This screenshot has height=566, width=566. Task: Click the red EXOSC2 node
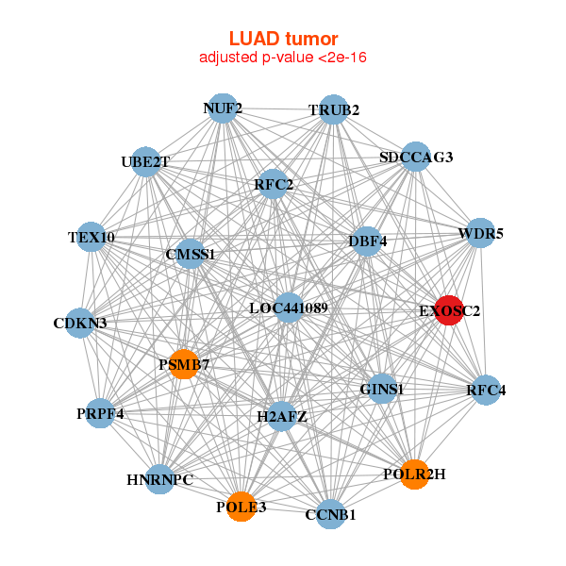[447, 309]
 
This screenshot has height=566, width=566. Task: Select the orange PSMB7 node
[184, 364]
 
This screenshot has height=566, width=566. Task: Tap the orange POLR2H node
[414, 474]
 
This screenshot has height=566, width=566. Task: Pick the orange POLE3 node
[241, 506]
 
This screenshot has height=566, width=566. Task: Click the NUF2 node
[222, 108]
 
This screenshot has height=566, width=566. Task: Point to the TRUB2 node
[333, 110]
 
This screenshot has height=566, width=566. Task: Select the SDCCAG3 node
[416, 157]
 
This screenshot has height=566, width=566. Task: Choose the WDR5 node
[481, 233]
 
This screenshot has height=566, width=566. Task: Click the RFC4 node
[486, 390]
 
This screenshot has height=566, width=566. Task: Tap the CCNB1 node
[330, 514]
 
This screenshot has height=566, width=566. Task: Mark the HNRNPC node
[160, 479]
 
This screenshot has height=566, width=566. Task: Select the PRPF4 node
[100, 413]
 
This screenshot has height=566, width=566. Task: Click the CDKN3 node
[80, 324]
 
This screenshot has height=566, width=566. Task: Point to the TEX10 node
[92, 237]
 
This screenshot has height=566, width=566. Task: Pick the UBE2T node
[145, 161]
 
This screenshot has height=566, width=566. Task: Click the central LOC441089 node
[289, 308]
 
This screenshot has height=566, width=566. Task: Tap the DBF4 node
[368, 241]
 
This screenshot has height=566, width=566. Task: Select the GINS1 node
[382, 389]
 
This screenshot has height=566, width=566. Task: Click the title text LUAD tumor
[283, 39]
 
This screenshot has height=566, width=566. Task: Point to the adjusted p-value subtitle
[283, 58]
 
